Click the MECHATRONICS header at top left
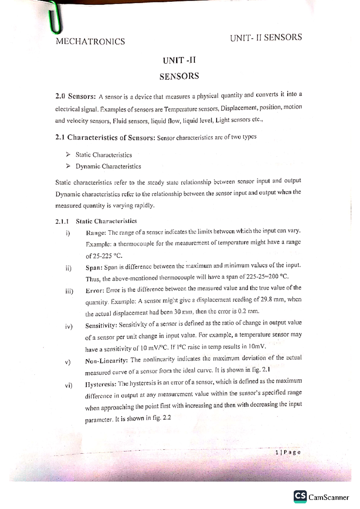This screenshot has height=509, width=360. (90, 41)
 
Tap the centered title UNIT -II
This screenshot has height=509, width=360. (179, 61)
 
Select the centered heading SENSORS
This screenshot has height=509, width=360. (179, 76)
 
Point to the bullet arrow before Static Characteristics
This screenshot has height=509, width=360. (68, 155)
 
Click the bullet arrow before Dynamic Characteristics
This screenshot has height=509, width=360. (68, 166)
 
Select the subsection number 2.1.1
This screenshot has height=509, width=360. (62, 222)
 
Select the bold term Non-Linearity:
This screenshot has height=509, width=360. (106, 361)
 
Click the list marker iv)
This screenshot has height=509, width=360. (69, 326)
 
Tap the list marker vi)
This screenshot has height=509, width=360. (68, 385)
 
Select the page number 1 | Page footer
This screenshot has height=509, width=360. (288, 453)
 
